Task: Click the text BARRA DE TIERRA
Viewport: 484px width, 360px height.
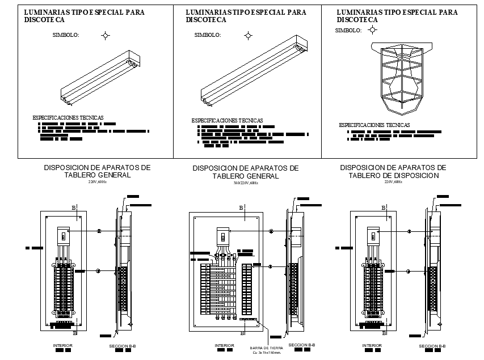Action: pos(266,348)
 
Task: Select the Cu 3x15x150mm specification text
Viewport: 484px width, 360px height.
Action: pos(267,353)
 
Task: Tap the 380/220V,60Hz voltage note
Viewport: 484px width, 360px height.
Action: pos(245,183)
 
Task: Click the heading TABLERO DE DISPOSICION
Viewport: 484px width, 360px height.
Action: pos(393,176)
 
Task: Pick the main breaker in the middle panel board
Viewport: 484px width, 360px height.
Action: pos(223,235)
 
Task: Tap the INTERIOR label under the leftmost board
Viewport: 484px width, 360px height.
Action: pos(63,345)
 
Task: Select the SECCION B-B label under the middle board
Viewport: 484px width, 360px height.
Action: pos(301,345)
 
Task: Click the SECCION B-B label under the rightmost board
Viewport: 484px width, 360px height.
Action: pos(432,346)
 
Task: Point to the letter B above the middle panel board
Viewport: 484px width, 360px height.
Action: pos(241,208)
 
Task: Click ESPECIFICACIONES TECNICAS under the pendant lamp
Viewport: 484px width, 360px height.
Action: pos(374,125)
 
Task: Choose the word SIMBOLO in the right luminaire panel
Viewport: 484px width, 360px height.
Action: pos(348,31)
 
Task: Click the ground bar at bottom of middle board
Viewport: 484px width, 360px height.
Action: pos(249,320)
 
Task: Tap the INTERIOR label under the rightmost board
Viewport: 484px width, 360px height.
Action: pos(372,345)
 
